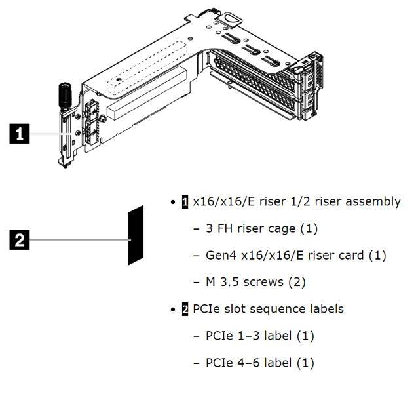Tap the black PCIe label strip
tap(136, 234)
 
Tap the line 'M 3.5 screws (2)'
tap(250, 282)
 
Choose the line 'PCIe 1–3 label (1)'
tap(260, 336)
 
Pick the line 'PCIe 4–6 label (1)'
tap(260, 363)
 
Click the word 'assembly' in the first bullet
tap(373, 201)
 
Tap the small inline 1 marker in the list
tap(185, 201)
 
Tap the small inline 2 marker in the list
tap(185, 309)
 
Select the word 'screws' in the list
tap(270, 282)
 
